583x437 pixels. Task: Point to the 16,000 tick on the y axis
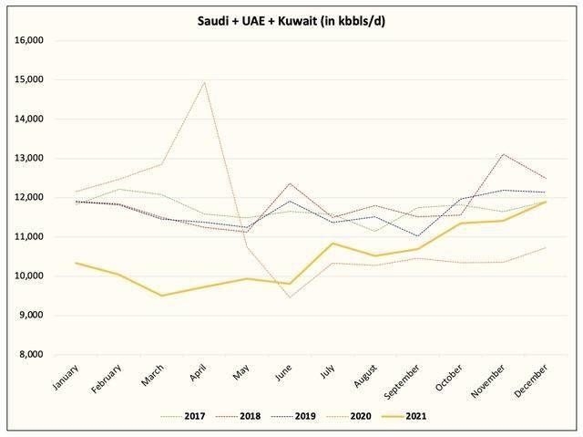pos(28,40)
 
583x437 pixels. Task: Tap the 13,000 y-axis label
pos(28,158)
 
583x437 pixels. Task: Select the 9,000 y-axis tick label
pos(31,316)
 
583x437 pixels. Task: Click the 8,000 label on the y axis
pos(31,354)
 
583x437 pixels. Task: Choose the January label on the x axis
pos(66,378)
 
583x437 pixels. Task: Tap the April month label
pos(198,373)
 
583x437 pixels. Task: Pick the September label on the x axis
pos(402,381)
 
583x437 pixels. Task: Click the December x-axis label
pos(530,380)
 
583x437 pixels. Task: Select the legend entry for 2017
pos(183,416)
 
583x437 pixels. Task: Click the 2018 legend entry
pos(238,416)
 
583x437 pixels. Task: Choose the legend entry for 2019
pos(293,416)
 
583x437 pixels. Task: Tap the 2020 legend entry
pos(349,416)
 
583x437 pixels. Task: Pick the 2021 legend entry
pos(404,416)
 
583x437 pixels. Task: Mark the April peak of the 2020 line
pos(204,82)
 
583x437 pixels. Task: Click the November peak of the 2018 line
pos(503,154)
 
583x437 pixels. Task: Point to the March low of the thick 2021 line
pos(162,296)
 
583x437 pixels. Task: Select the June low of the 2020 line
pos(290,297)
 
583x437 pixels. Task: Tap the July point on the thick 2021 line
pos(332,244)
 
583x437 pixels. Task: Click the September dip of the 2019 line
pos(417,236)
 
